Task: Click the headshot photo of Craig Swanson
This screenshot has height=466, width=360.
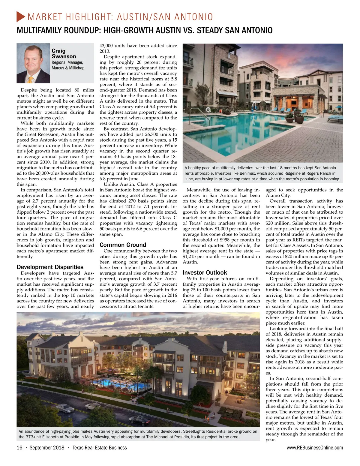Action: coord(33,63)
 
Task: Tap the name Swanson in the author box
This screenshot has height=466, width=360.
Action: coord(64,56)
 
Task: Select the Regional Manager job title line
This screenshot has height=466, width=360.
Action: coord(67,62)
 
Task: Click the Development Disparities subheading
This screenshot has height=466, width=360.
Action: coord(50,267)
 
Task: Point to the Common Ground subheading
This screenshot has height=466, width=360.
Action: coord(123,245)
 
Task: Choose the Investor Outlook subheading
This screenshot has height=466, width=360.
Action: coord(205,272)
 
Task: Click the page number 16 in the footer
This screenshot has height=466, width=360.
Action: coord(19,448)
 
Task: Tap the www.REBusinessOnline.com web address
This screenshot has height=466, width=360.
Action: coord(315,448)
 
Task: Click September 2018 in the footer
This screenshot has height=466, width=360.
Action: coord(47,448)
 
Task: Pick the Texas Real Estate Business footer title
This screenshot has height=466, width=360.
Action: coord(100,448)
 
